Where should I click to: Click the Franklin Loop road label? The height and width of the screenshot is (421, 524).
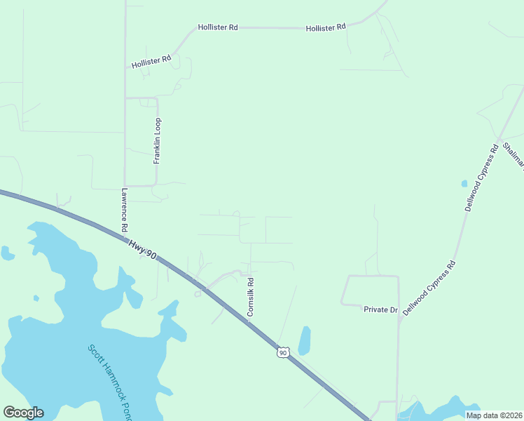[158, 140]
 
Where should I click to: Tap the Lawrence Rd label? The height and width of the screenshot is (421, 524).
[124, 210]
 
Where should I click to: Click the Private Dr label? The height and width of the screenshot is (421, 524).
[380, 309]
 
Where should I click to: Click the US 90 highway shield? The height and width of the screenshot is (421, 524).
[282, 352]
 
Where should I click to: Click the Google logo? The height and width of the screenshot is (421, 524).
[23, 413]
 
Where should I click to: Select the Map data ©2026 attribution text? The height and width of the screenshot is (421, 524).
[493, 415]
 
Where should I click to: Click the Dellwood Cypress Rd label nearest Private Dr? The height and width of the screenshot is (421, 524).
[429, 288]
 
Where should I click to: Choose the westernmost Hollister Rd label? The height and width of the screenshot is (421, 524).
[151, 62]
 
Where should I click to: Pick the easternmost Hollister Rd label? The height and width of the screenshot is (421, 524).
[326, 27]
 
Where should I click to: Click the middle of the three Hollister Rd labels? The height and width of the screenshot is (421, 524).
[218, 27]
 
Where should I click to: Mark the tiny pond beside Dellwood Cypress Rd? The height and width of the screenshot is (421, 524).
[464, 184]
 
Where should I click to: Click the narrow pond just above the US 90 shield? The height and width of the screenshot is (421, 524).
[305, 340]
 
